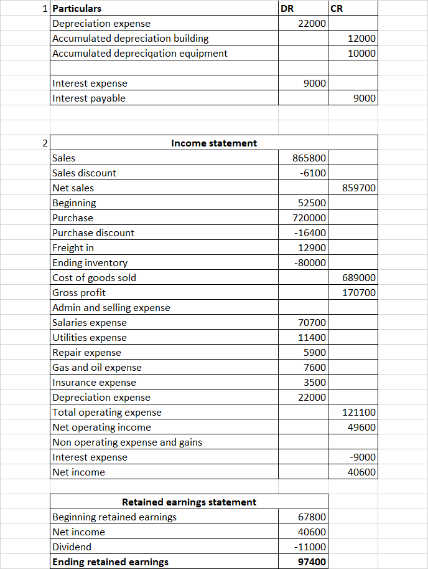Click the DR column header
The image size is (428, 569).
pos(288,9)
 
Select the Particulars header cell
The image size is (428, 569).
pos(77,9)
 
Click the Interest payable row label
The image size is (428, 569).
pos(89,98)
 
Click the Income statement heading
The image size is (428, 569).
pos(213,143)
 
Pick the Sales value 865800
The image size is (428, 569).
pos(309,158)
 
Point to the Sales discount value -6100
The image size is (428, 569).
pos(313,173)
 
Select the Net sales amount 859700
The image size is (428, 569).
pos(359,188)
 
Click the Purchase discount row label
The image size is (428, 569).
pos(93,233)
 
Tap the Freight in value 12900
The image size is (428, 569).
pos(312,248)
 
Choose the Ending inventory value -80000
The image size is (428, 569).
pos(310,263)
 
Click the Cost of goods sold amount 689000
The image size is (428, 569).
pos(359,278)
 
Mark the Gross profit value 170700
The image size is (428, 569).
pos(359,293)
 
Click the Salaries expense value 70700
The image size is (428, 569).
pos(312,323)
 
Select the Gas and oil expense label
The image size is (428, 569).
pos(97,368)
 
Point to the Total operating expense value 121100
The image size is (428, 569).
pos(359,413)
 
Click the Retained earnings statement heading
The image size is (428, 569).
pos(188,502)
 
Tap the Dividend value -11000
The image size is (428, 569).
pos(310,547)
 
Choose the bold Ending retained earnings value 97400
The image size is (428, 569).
pos(312,562)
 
